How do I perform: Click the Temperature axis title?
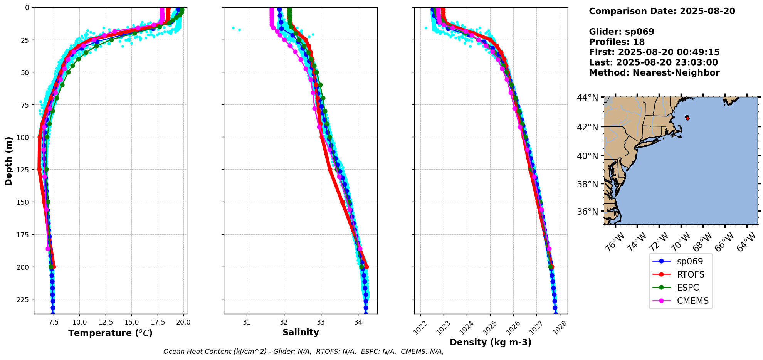pos(110,333)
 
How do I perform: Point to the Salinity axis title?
pos(301,332)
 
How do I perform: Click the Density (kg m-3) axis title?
pos(491,342)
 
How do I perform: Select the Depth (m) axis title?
pos(8,161)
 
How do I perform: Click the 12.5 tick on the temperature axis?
pos(105,322)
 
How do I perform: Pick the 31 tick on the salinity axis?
pos(247,322)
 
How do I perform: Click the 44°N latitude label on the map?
pos(587,98)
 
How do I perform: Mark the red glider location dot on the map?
pos(687,118)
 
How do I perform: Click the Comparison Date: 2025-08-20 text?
pos(662,11)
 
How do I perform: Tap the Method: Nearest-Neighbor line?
pos(654,73)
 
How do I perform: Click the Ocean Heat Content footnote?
pos(303,352)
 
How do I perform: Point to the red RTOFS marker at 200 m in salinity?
pos(366,267)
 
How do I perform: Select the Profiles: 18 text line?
pos(617,42)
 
